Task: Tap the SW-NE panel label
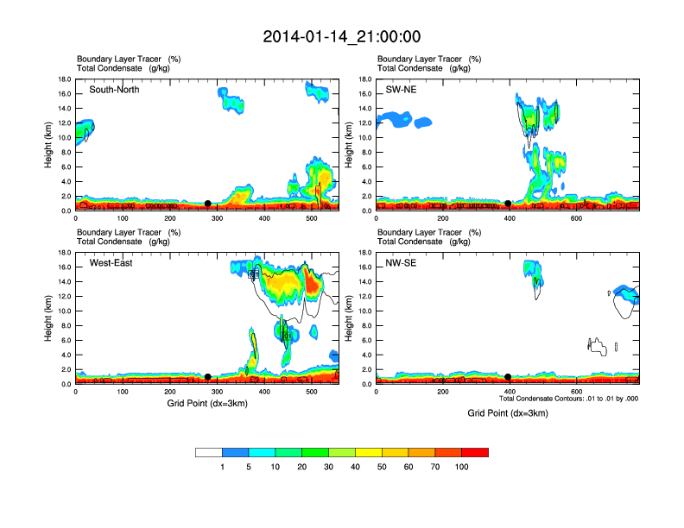[402, 90]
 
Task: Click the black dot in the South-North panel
[207, 204]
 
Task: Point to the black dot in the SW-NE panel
[508, 204]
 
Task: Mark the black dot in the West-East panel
[207, 376]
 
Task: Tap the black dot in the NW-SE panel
[508, 376]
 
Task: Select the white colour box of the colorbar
[209, 452]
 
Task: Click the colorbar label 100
[462, 467]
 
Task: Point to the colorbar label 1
[223, 467]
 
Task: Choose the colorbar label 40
[356, 467]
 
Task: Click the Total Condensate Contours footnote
[568, 399]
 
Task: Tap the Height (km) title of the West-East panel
[50, 317]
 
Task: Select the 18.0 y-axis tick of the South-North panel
[63, 79]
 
